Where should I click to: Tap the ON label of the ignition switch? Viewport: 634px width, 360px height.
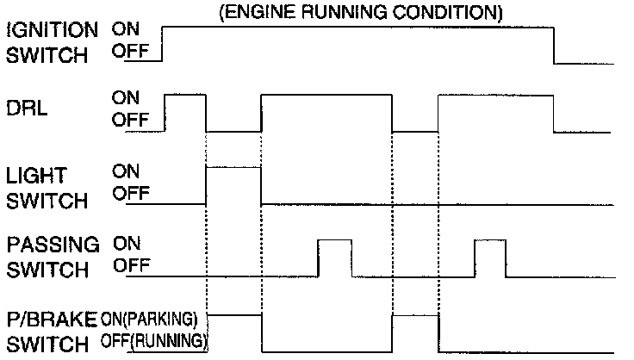[126, 28]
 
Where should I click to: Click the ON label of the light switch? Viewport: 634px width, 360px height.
[126, 172]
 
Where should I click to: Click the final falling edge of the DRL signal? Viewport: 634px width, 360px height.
[553, 114]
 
